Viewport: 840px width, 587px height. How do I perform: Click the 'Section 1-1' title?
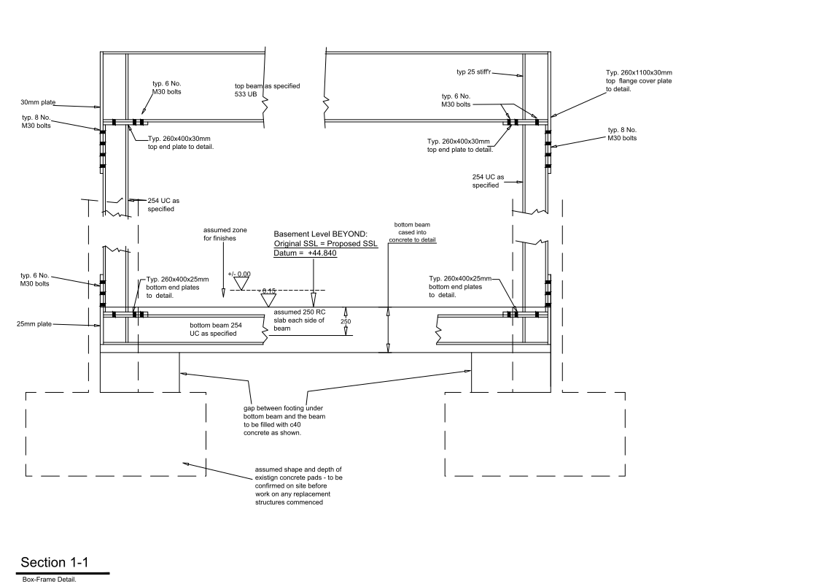54,562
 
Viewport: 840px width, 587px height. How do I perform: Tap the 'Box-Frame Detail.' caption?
50,580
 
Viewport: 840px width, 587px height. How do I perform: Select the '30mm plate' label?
38,102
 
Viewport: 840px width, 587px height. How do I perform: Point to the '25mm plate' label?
34,324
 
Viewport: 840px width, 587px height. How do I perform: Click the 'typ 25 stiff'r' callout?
473,72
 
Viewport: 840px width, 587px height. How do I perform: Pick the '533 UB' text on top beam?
246,94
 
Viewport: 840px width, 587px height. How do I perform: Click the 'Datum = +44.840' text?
306,253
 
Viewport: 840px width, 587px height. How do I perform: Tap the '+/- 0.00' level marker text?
239,275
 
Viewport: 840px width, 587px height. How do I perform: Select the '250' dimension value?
346,322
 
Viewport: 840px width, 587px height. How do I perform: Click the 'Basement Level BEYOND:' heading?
320,234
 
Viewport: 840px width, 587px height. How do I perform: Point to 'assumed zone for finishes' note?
225,234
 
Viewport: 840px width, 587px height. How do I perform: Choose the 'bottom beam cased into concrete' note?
412,232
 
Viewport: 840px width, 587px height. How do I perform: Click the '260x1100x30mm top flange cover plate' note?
639,81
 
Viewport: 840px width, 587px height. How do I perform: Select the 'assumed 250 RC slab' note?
300,321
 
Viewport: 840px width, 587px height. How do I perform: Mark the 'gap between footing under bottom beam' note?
284,421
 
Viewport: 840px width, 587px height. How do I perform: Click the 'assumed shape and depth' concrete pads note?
298,486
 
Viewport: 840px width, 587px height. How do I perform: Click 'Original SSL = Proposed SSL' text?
326,244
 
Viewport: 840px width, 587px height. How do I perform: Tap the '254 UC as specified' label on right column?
488,181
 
